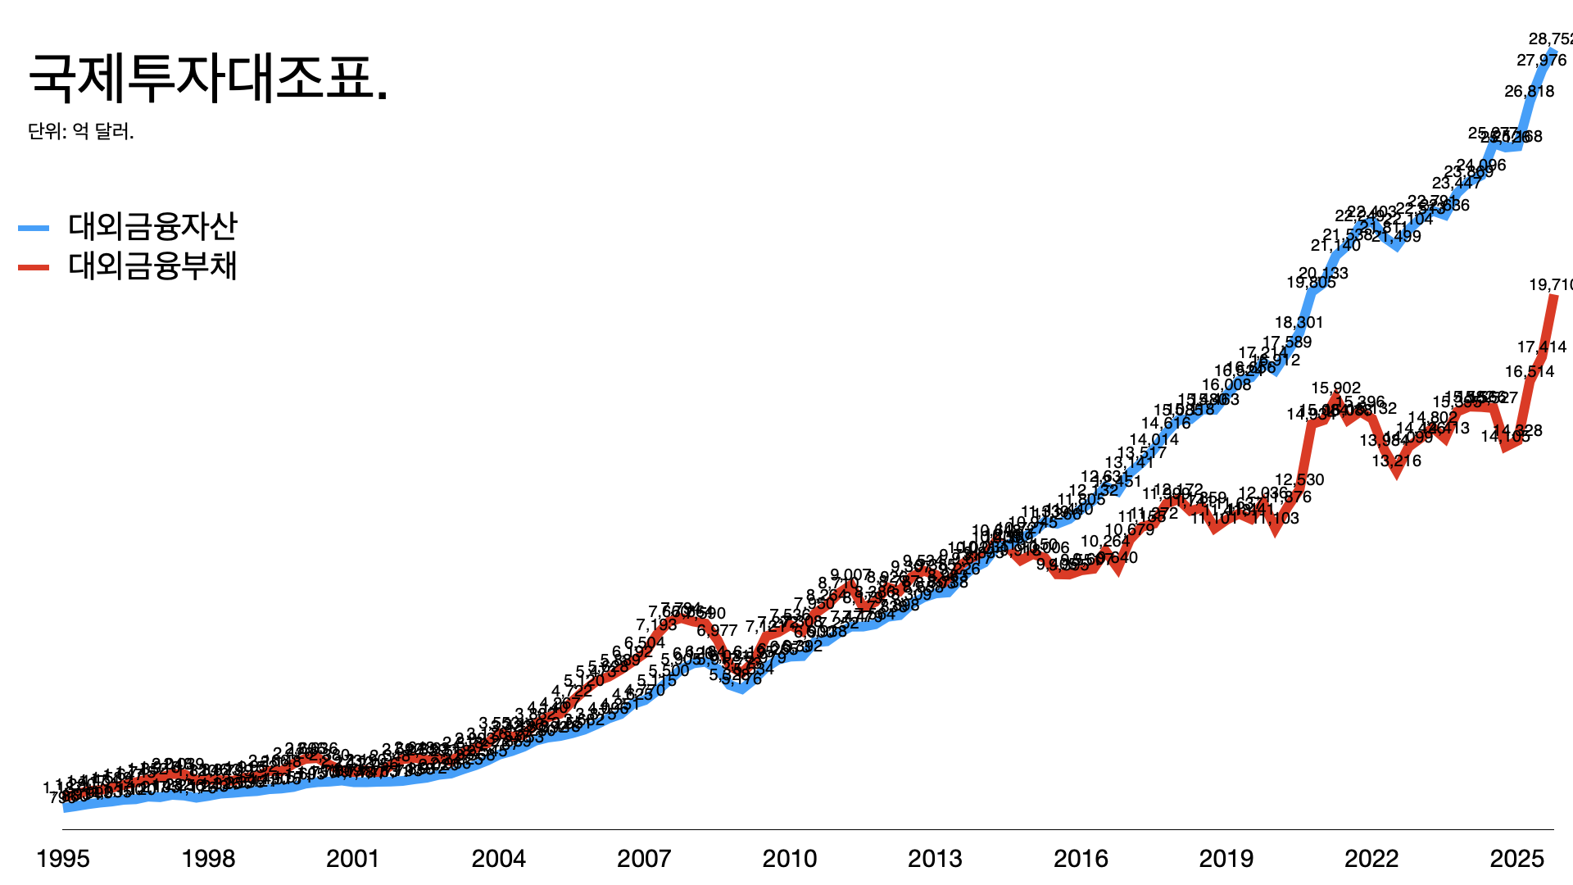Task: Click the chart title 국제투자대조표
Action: [208, 79]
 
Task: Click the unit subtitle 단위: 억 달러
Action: [81, 131]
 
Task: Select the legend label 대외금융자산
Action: [152, 227]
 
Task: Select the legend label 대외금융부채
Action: [152, 266]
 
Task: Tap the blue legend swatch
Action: [34, 229]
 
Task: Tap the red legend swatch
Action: [34, 267]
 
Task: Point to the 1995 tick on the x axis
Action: [63, 858]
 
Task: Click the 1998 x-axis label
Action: [208, 858]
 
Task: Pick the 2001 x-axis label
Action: [353, 858]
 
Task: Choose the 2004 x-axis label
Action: [499, 858]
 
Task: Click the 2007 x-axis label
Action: [644, 858]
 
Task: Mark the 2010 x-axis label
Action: [790, 858]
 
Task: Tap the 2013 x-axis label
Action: [935, 858]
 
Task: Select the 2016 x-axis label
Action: [1081, 858]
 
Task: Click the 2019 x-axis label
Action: [1226, 858]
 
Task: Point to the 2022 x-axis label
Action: [1371, 858]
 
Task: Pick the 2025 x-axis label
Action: [1517, 858]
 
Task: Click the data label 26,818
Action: [1529, 91]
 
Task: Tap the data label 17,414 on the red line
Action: [1541, 347]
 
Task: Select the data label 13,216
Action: [1397, 461]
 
